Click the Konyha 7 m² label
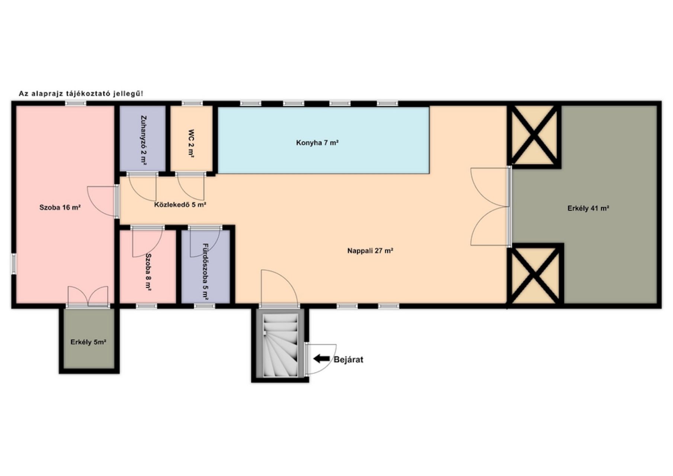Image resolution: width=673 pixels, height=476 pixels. [317, 143]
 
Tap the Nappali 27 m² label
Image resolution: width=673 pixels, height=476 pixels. [371, 251]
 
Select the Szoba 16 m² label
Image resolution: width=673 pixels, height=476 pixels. [60, 208]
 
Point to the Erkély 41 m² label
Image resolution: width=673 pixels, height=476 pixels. [588, 209]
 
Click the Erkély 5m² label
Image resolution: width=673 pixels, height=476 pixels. [89, 342]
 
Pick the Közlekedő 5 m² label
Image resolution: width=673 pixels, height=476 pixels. [180, 205]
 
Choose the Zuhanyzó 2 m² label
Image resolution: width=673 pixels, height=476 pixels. [143, 139]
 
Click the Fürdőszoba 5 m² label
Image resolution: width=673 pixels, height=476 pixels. [205, 271]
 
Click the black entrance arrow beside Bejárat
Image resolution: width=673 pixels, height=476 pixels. [321, 359]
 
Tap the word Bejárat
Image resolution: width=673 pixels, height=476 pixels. [348, 360]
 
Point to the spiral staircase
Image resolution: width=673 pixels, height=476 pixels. [281, 345]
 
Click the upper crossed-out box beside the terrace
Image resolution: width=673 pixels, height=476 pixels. [534, 135]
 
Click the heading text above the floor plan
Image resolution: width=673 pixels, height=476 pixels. [81, 94]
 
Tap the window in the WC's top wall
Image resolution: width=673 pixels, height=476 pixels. [192, 103]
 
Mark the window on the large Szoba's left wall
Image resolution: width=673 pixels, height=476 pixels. [13, 264]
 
